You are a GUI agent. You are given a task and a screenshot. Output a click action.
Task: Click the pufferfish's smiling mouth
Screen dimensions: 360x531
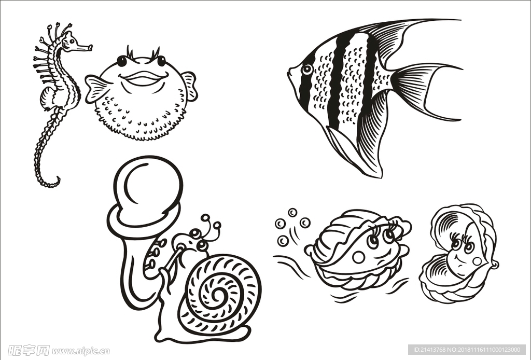[143, 79]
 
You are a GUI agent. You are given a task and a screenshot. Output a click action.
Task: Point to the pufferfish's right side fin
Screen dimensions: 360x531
[190, 85]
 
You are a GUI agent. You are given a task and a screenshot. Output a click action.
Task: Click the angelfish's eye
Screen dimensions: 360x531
[308, 68]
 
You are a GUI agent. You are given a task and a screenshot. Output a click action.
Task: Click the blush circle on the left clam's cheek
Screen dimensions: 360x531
[358, 257]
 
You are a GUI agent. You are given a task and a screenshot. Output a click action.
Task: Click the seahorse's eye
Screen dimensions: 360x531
[72, 40]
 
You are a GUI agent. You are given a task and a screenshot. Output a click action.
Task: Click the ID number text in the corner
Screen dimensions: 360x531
[467, 351]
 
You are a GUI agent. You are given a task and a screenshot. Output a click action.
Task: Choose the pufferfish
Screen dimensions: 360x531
[141, 96]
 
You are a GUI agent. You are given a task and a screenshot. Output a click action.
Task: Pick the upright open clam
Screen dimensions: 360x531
[458, 254]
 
